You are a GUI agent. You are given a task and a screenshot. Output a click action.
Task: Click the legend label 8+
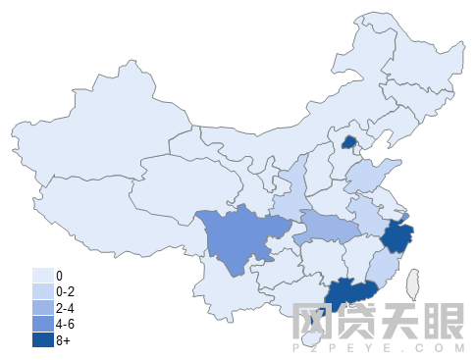(x=64, y=340)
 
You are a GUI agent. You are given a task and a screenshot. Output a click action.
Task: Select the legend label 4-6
(x=67, y=325)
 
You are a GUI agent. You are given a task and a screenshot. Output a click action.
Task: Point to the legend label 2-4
(x=67, y=308)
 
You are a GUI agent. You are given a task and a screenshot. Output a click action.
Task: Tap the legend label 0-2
(x=67, y=291)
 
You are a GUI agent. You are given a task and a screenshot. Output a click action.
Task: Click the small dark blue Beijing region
(x=347, y=142)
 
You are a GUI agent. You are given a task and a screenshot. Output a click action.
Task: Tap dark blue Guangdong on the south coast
(x=351, y=292)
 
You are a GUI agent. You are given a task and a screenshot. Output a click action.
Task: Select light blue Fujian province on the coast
(x=383, y=265)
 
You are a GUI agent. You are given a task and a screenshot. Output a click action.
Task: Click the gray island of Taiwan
(x=413, y=285)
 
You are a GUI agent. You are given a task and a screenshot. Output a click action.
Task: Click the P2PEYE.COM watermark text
(x=378, y=347)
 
